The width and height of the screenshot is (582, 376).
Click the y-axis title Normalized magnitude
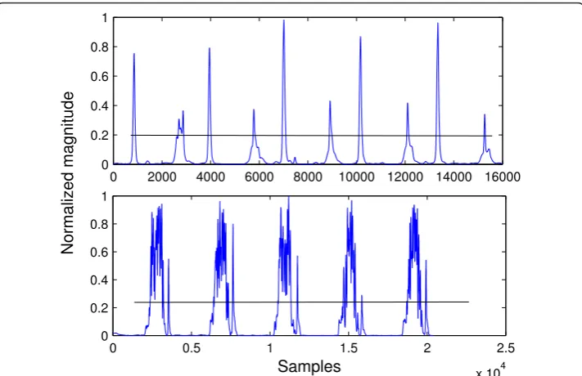pos(68,172)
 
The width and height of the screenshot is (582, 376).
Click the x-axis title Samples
pos(309,366)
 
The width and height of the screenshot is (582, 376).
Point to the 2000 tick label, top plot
pos(162,177)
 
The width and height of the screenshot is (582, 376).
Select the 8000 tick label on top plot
pos(308,177)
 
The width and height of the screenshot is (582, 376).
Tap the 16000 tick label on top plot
pos(503,177)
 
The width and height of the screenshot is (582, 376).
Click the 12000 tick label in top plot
pos(405,177)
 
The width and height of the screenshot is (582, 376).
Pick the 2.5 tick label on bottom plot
pos(506,348)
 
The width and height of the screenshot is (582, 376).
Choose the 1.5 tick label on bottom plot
pos(349,348)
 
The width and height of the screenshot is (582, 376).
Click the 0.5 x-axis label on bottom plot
pos(192,348)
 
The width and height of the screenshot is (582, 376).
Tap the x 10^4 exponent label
pos(490,370)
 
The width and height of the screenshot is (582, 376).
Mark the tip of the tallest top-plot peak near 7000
pos(284,20)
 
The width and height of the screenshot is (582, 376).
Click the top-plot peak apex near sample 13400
pos(438,23)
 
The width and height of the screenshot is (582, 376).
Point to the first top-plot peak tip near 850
pos(134,54)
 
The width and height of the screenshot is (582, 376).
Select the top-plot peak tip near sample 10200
pos(360,36)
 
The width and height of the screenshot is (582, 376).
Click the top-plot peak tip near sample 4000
pos(210,48)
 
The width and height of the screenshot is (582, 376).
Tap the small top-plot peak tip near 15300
pos(485,114)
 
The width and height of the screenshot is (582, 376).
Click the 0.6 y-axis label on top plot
pos(99,76)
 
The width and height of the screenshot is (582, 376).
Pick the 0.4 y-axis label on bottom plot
pos(99,280)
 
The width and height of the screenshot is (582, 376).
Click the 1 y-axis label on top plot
pos(105,18)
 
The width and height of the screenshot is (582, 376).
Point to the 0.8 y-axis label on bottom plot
pos(99,224)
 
